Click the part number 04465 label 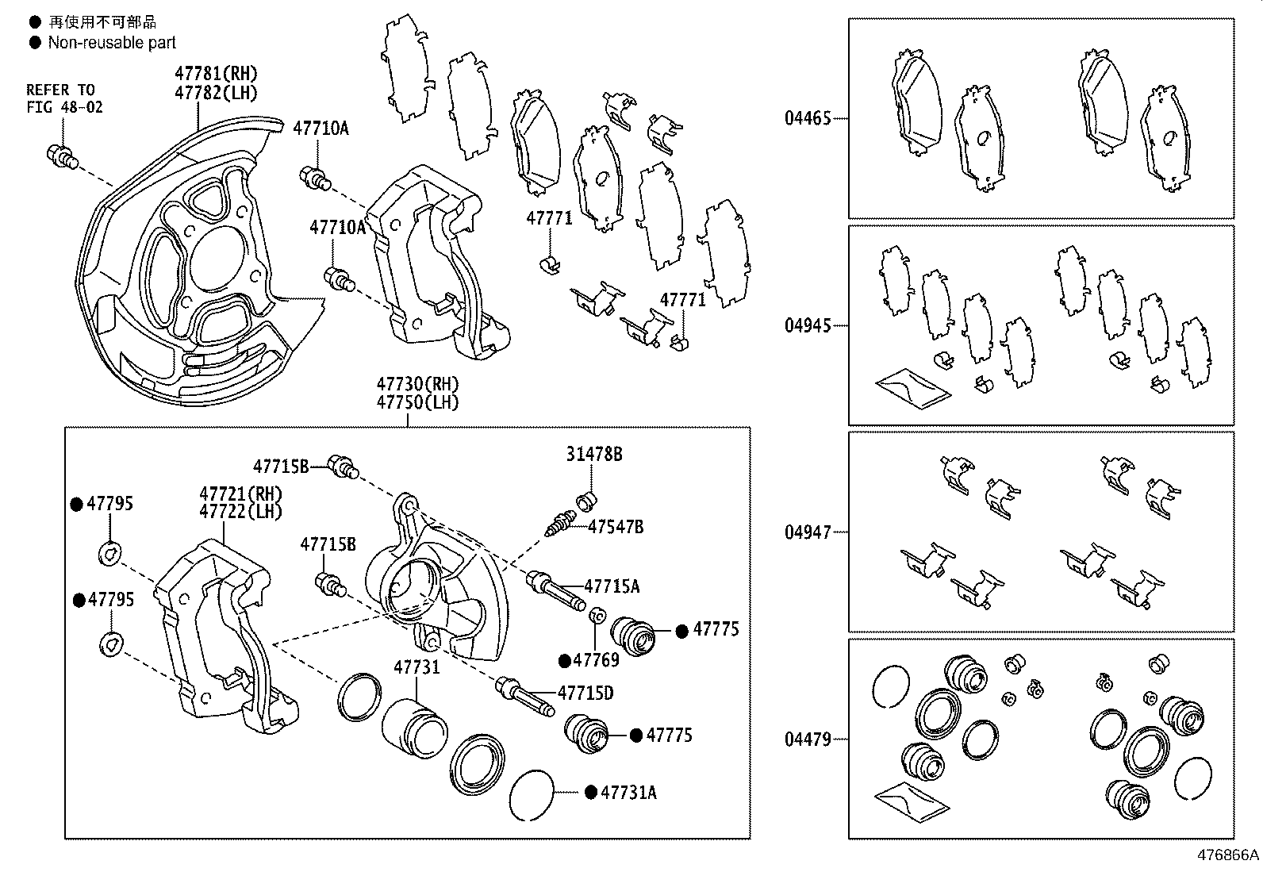(808, 119)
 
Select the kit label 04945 (808, 326)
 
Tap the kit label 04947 (808, 532)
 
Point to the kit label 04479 (808, 739)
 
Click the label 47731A (628, 792)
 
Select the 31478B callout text (593, 454)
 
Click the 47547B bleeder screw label (616, 526)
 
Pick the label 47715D (585, 693)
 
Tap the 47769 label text (596, 660)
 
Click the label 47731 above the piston (417, 667)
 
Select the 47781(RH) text (217, 73)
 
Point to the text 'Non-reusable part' (112, 43)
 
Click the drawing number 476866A (1227, 855)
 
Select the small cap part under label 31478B (588, 500)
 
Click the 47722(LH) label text (240, 512)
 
